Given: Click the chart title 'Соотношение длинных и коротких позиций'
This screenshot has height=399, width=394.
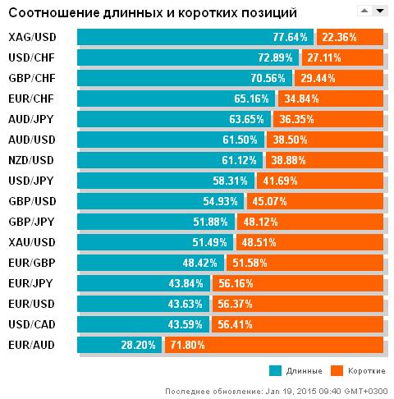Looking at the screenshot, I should pos(153,12).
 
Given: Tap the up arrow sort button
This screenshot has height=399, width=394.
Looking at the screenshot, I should pos(364,11).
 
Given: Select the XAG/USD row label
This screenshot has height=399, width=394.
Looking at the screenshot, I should pos(32,38).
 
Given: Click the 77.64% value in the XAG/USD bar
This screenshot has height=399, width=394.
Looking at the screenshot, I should pos(290,38).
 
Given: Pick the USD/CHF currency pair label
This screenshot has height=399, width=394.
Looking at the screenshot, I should pos(32,57).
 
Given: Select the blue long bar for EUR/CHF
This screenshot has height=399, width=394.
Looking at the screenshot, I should pos(176,99).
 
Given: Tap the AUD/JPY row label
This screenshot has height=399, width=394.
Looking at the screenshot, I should pos(31,119).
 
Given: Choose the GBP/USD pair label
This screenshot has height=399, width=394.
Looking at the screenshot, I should pos(32,201).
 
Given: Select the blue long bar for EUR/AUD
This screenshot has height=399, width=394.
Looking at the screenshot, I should pos(119,345).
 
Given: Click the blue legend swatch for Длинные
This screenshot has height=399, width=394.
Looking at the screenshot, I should pos(275,370).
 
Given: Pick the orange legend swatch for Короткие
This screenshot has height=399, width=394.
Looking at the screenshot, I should pos(335,370).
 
